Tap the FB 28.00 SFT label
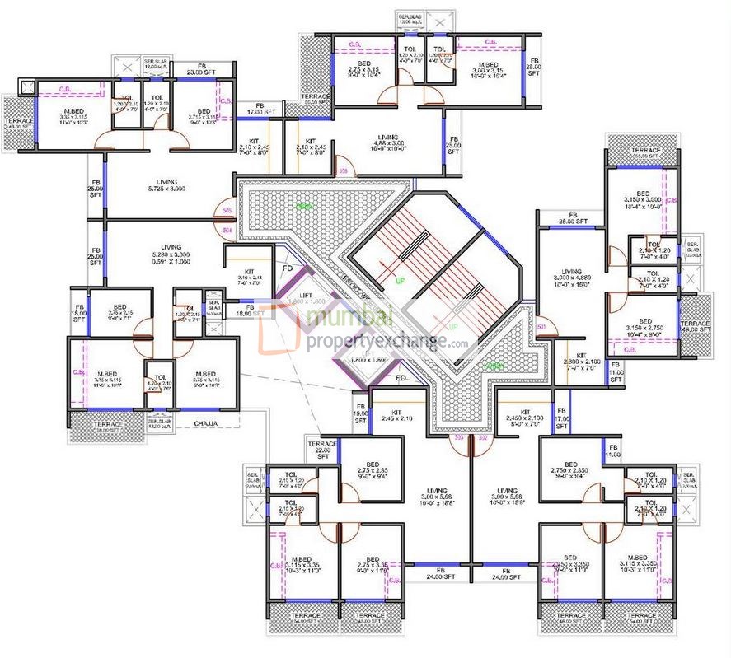[x=533, y=68]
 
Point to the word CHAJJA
[x=205, y=423]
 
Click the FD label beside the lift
[x=288, y=268]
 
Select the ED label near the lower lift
[x=401, y=378]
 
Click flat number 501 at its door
[x=541, y=328]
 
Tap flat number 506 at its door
[x=343, y=171]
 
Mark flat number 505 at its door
[x=227, y=211]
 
